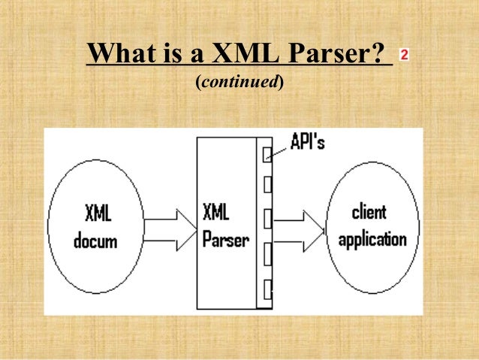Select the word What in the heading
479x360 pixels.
click(x=122, y=54)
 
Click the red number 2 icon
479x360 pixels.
click(x=405, y=55)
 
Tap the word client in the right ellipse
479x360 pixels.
click(x=372, y=212)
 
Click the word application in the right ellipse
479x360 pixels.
click(x=372, y=241)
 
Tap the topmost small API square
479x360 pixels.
click(x=266, y=154)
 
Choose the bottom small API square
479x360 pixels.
click(x=266, y=287)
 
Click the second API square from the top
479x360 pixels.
click(x=266, y=185)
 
